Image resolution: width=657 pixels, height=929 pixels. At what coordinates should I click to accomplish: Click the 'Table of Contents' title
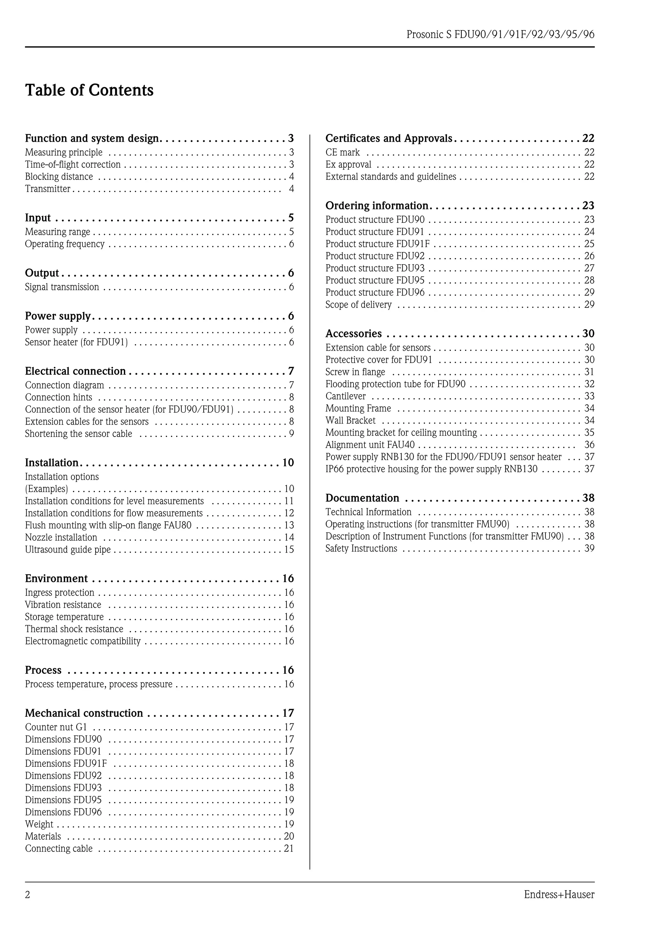tap(89, 90)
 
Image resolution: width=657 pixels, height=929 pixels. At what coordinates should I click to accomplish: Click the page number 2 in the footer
tap(28, 895)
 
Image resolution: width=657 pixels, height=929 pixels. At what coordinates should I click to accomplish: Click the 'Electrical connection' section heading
tap(75, 371)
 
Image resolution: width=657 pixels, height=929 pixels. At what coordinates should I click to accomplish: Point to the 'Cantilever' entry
tap(345, 396)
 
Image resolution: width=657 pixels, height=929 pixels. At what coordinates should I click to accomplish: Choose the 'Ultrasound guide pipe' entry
tap(68, 549)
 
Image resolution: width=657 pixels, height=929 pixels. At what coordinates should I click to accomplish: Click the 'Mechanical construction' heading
tap(84, 713)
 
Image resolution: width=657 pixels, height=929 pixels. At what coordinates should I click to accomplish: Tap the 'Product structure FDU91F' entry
tap(377, 244)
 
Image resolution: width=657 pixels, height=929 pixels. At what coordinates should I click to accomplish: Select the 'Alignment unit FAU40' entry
tap(370, 445)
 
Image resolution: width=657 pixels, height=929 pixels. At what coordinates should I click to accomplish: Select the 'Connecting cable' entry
tap(59, 849)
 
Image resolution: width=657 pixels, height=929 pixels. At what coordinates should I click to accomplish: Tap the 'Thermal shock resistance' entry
tap(74, 629)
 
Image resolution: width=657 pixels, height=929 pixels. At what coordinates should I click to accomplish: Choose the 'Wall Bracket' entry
tap(350, 420)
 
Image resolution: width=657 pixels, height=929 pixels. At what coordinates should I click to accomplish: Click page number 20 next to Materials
tap(289, 836)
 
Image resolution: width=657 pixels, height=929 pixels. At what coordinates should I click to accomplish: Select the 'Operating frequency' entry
tap(65, 244)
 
